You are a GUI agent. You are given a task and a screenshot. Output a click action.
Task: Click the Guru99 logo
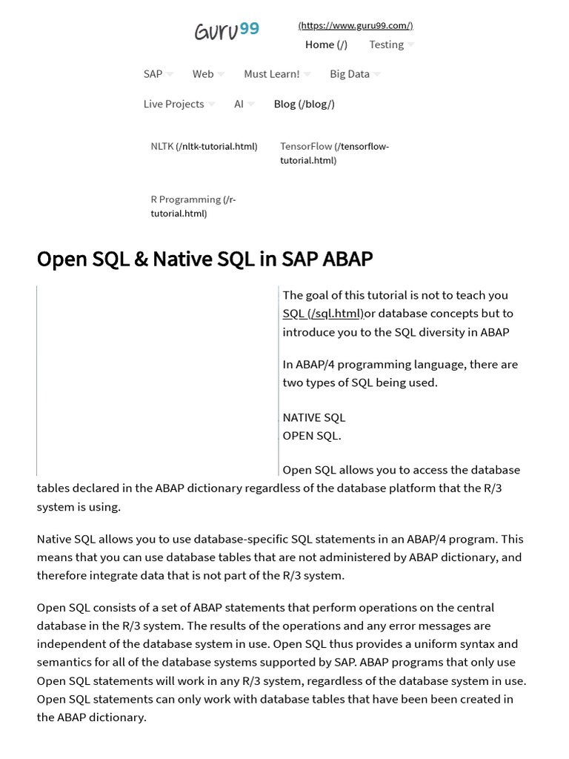[x=227, y=31]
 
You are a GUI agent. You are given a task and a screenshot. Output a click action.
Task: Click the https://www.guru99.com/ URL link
[x=356, y=25]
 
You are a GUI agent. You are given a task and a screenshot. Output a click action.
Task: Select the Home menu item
[x=326, y=44]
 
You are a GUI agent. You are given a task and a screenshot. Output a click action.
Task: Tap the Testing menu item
[x=387, y=44]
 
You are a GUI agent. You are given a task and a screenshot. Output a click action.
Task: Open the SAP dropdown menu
[x=153, y=74]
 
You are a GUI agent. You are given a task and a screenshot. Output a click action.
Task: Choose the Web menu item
[x=203, y=74]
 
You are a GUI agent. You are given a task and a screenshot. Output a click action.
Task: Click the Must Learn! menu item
[x=272, y=74]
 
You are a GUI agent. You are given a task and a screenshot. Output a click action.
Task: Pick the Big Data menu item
[x=350, y=74]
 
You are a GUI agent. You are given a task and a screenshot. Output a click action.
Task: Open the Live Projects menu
[x=174, y=104]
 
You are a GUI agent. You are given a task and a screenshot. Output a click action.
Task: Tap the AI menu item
[x=239, y=104]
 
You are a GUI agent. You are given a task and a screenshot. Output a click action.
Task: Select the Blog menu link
[x=304, y=104]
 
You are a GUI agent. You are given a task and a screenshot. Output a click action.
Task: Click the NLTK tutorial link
[x=204, y=146]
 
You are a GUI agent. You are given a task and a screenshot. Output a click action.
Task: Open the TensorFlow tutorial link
[x=334, y=153]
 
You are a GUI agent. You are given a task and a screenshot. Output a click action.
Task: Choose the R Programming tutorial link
[x=193, y=206]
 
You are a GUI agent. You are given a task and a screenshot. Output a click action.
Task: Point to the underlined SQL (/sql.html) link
[x=323, y=314]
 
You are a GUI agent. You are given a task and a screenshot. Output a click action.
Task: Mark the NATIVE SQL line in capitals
[x=314, y=417]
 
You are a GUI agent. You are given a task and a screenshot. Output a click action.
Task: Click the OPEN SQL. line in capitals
[x=312, y=435]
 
